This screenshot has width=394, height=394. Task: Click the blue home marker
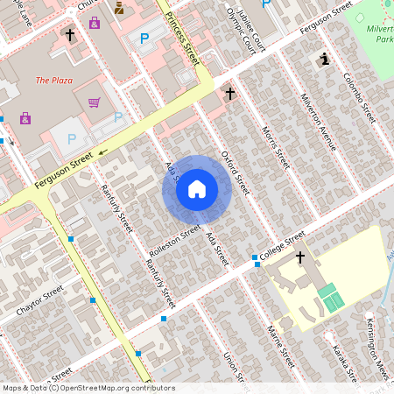197,188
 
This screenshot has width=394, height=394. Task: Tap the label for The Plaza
53,80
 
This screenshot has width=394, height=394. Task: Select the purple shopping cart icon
94,102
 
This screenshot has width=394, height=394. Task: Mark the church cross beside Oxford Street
230,93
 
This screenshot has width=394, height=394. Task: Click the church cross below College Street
300,257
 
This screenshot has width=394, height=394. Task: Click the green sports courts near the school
330,298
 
